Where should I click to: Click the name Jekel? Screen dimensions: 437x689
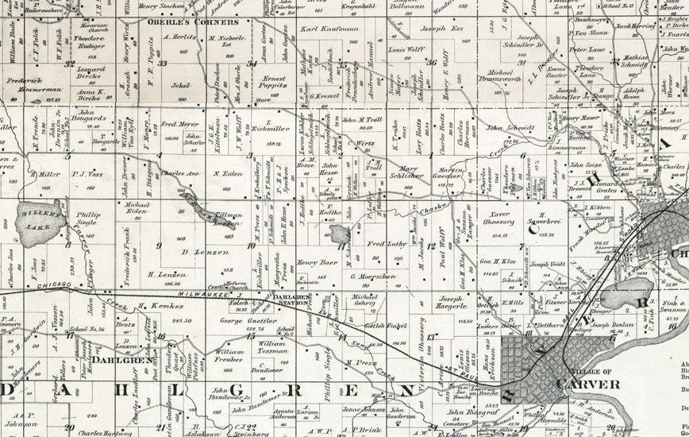181,83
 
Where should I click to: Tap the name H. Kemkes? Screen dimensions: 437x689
155,306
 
